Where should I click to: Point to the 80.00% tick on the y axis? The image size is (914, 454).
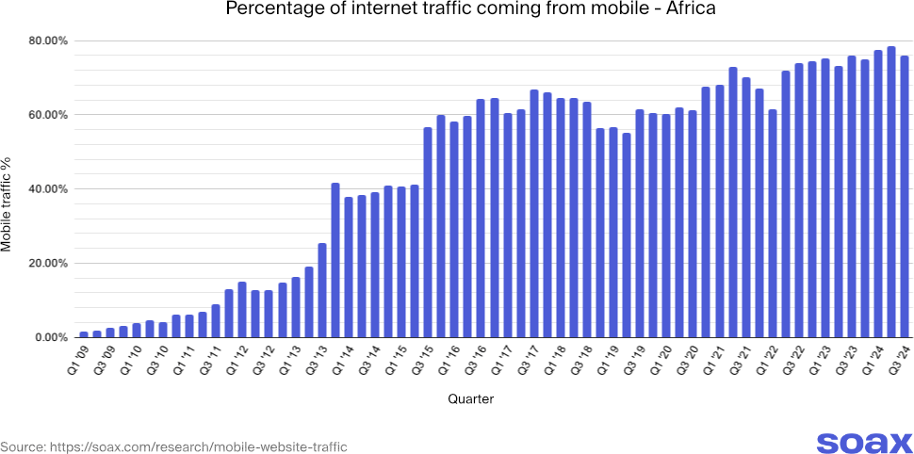[47, 41]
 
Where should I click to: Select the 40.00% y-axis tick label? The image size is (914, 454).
[47, 189]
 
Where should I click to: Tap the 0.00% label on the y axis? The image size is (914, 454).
[50, 337]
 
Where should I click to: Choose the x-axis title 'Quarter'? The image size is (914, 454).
[470, 399]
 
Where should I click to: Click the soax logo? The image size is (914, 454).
[863, 443]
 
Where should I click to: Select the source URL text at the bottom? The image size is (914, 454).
[173, 446]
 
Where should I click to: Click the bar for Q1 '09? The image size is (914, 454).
[84, 334]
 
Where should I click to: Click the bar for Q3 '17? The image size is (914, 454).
[534, 213]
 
